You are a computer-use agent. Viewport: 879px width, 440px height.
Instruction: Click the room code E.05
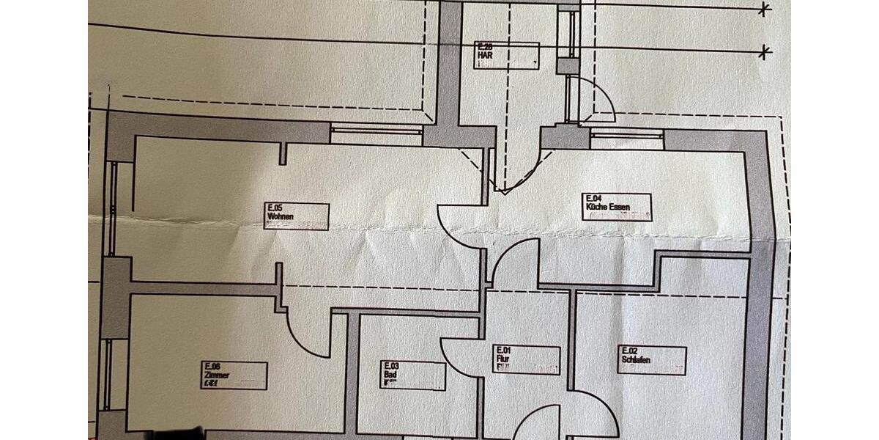click(x=275, y=208)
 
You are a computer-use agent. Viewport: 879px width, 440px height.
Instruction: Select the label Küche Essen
click(x=607, y=208)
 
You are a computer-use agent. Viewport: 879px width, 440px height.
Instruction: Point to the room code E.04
click(x=593, y=198)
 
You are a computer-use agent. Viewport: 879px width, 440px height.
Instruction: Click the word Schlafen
click(x=636, y=360)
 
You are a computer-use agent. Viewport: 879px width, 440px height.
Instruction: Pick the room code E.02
click(x=628, y=351)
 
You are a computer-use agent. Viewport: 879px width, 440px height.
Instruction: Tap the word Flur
click(x=503, y=359)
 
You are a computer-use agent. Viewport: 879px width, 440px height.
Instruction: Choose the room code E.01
click(x=504, y=350)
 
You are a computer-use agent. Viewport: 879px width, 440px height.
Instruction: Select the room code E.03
click(x=390, y=364)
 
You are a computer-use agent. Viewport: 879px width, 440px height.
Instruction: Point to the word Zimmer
click(x=218, y=375)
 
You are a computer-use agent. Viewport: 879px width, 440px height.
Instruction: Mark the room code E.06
click(x=213, y=366)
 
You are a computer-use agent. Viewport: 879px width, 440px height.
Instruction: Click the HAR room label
click(x=483, y=55)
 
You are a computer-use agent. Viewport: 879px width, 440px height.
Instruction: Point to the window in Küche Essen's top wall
click(x=626, y=136)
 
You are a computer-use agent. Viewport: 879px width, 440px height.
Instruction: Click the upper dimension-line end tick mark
click(x=765, y=10)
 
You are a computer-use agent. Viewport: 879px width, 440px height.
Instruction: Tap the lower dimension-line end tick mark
click(x=765, y=52)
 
